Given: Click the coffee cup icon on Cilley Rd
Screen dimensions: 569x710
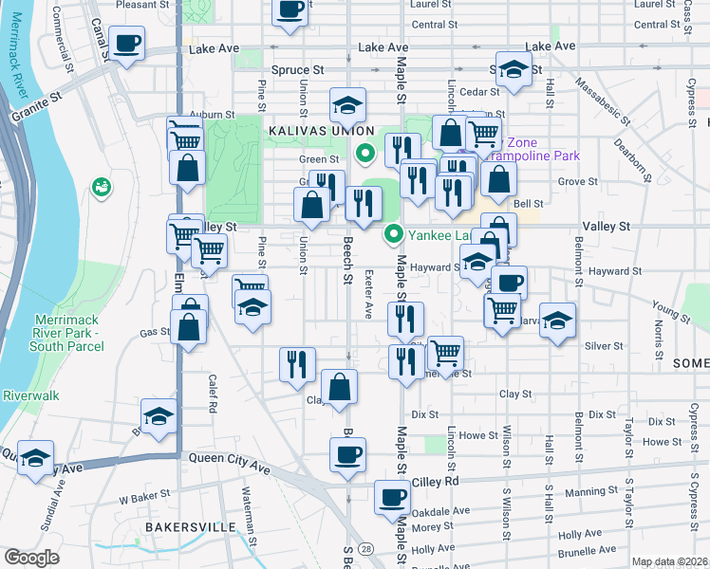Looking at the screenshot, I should [x=392, y=496].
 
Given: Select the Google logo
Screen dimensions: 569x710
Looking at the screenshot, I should [x=31, y=558].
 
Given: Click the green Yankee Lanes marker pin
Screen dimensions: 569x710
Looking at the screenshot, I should [x=392, y=231].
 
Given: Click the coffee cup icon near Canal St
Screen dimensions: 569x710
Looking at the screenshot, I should [x=126, y=44].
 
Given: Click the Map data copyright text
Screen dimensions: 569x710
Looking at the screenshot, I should [x=669, y=561].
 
